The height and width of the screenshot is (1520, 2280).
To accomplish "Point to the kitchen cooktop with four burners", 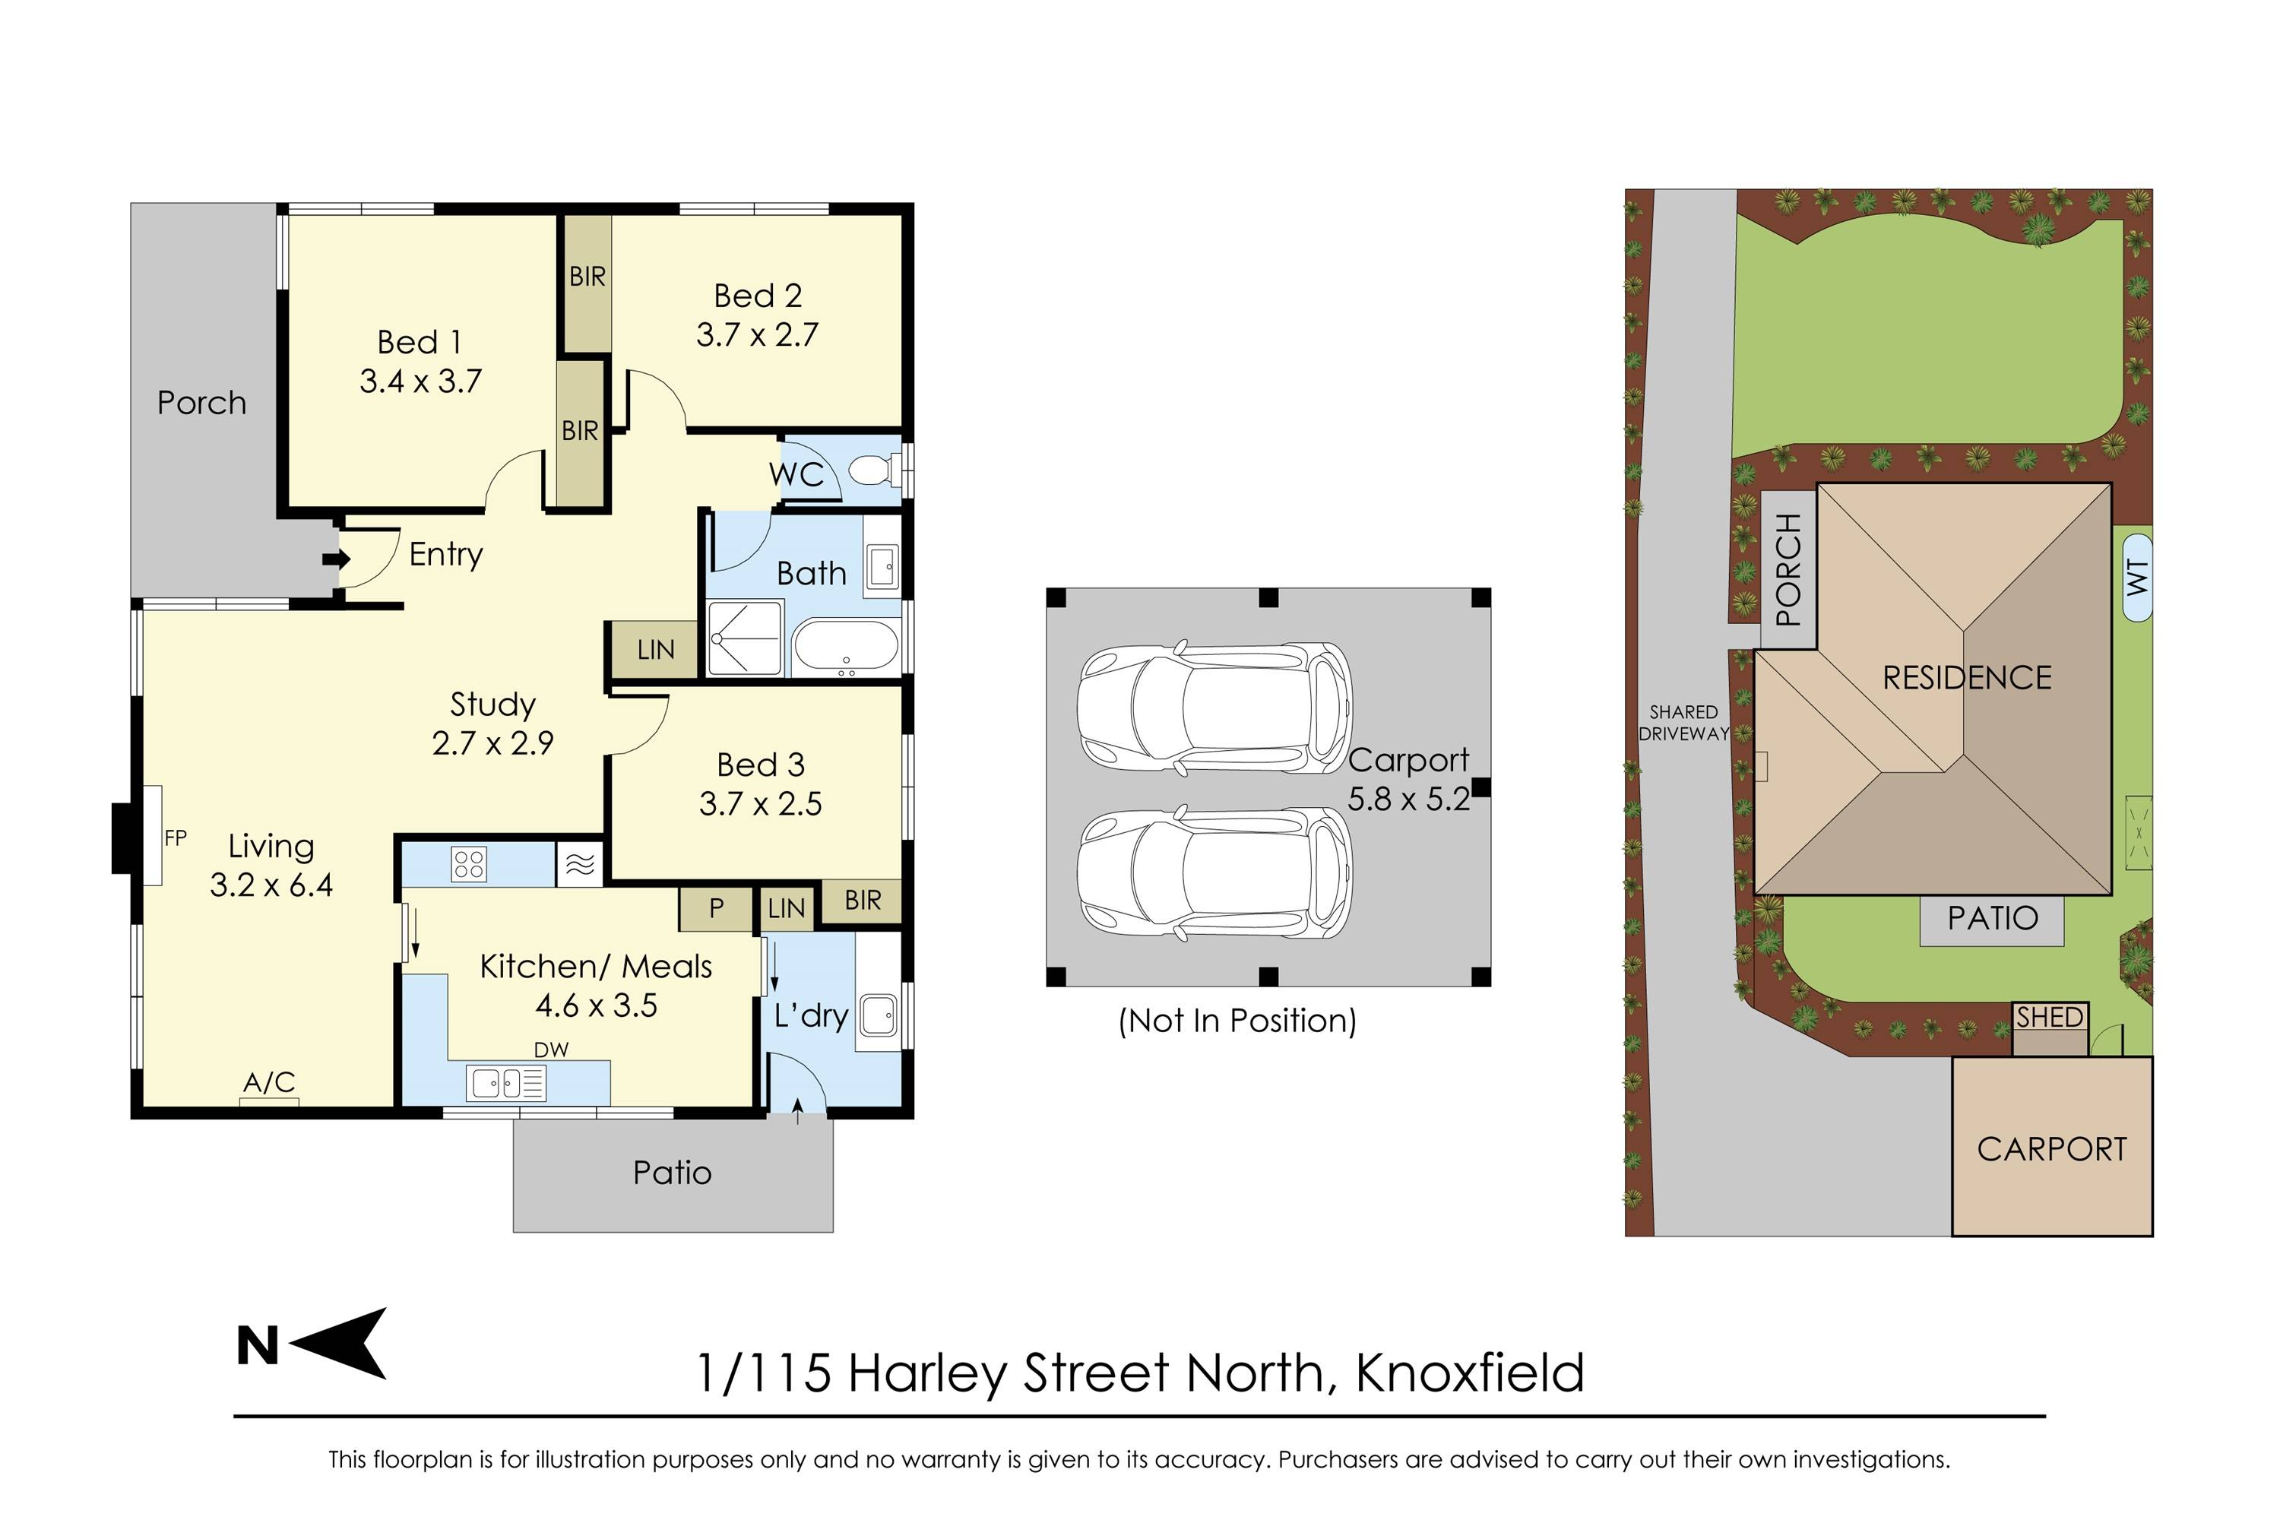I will click(468, 863).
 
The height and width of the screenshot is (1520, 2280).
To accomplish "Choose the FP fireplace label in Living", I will click(176, 838).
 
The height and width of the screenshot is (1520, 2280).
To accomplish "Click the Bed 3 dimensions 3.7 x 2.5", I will click(761, 803).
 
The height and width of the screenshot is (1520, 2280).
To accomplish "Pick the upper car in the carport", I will click(1214, 708).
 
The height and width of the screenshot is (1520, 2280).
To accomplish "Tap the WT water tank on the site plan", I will click(2137, 578).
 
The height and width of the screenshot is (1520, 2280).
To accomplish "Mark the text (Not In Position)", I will click(1237, 1021).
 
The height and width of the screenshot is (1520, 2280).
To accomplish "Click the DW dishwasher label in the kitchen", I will click(550, 1050).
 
